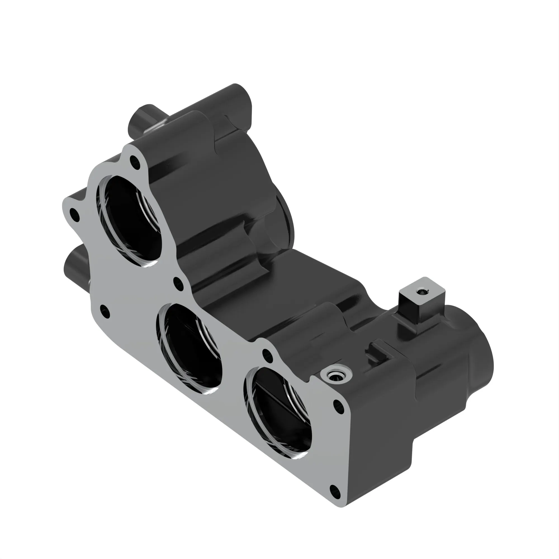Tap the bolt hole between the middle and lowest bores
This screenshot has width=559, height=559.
267,355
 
